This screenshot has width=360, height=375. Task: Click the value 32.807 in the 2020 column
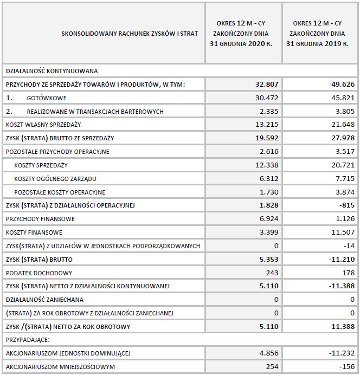click(266, 85)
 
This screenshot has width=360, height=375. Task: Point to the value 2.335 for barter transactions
click(267, 112)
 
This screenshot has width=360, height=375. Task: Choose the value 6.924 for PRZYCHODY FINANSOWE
click(267, 219)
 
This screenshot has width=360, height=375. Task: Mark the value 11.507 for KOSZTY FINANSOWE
click(344, 232)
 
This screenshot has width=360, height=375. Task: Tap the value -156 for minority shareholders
click(348, 367)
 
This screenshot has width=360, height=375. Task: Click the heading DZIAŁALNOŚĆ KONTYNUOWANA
click(51, 71)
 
